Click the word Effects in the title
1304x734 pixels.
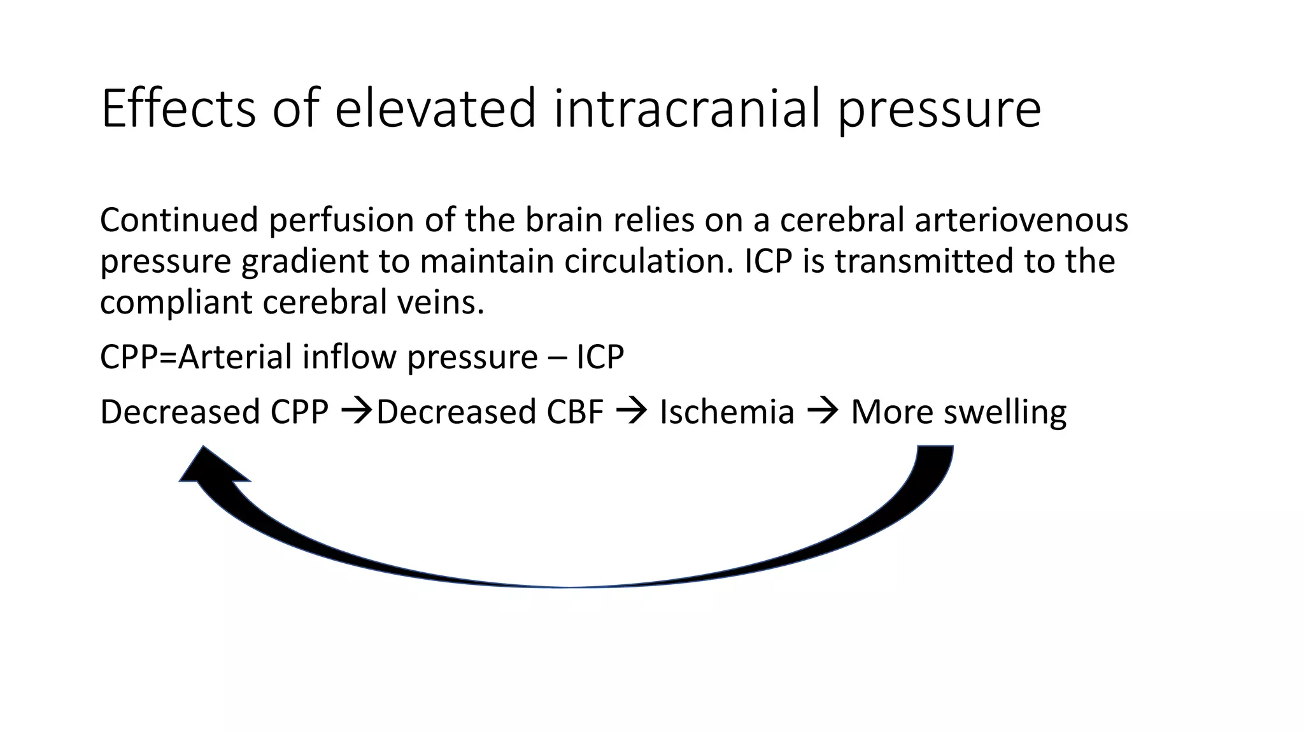point(178,108)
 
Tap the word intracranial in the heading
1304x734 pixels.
point(686,108)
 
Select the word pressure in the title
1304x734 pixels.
point(939,110)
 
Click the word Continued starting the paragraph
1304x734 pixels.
point(179,220)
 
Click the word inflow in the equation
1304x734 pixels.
point(349,357)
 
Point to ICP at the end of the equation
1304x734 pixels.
point(600,357)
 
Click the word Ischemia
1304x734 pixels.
point(726,412)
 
